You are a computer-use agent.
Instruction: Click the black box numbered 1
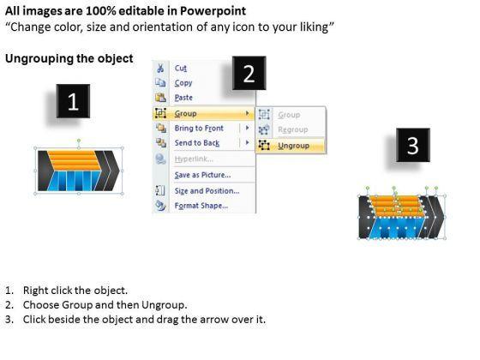73,101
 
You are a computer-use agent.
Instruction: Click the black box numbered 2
249,73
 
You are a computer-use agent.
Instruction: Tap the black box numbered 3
413,145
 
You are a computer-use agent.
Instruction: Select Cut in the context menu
181,68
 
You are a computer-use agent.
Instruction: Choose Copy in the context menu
183,83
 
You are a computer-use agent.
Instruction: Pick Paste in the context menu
183,98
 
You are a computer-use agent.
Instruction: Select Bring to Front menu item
199,129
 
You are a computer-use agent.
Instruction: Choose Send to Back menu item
197,143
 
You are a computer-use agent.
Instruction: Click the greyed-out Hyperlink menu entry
194,159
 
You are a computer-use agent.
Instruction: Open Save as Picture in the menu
202,175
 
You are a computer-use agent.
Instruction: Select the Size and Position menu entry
207,191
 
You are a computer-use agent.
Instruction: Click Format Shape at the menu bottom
201,206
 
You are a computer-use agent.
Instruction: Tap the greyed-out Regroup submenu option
292,129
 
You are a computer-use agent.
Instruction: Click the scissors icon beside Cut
160,68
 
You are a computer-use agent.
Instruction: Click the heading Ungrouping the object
69,58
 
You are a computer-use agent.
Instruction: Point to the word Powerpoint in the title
213,11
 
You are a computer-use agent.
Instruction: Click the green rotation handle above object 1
79,141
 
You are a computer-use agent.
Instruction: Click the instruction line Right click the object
75,291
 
